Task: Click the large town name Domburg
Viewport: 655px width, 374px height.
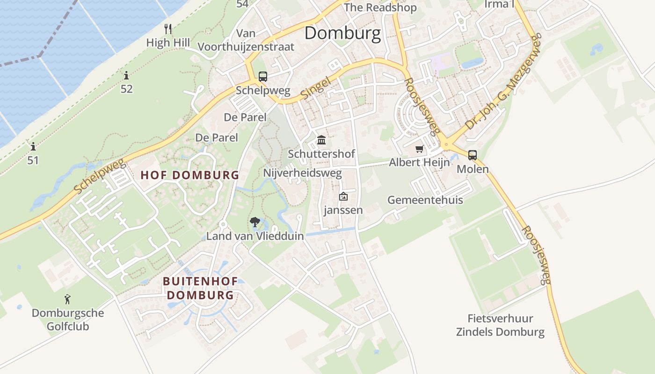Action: pos(343,34)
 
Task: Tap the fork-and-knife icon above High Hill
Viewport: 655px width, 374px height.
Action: pos(168,29)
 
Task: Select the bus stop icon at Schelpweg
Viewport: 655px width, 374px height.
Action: pos(263,76)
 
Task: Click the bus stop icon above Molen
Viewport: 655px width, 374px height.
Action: pos(473,155)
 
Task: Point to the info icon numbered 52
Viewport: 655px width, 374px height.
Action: pos(126,75)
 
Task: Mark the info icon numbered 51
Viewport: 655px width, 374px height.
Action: pos(33,147)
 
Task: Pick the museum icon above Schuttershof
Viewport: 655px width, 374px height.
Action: pos(321,140)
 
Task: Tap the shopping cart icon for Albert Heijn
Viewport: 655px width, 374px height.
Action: pos(419,149)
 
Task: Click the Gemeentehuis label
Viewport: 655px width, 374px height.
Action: pos(425,200)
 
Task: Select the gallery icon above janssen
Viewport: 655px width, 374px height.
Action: pos(343,196)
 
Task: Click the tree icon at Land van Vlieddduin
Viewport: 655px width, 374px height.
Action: pos(255,222)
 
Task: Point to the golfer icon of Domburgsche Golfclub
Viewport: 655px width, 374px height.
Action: pos(68,299)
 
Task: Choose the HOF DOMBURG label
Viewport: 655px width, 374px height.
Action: pos(190,175)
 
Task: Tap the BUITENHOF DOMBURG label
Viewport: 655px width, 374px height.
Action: pos(200,288)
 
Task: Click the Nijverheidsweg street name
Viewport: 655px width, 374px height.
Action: pos(302,173)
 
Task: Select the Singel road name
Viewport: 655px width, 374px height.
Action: pos(315,88)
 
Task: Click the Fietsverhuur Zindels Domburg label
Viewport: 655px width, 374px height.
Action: pos(500,325)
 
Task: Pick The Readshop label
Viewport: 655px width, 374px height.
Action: pos(380,7)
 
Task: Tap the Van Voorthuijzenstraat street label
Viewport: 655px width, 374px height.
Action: pos(246,40)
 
